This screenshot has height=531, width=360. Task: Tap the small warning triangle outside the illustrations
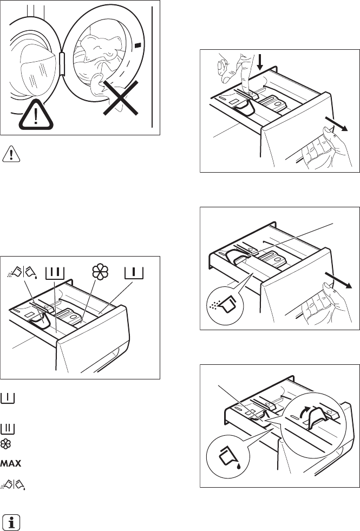pos(10,154)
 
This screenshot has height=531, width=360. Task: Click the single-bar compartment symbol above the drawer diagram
pos(134,271)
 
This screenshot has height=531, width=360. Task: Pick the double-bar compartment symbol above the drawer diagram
pos(56,271)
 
